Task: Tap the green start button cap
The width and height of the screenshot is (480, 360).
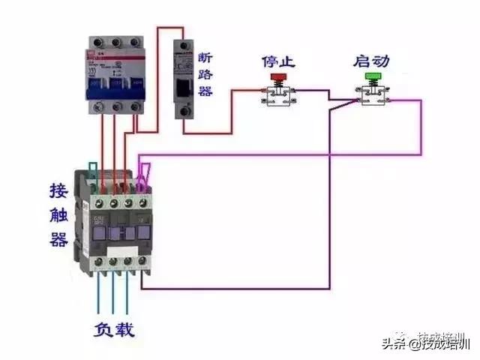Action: point(371,76)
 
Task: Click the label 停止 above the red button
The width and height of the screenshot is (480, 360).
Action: point(278,59)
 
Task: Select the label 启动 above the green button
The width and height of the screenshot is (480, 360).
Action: point(371,59)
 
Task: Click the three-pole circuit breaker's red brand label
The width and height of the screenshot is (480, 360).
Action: point(91,55)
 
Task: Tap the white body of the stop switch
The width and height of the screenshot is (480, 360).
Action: point(278,96)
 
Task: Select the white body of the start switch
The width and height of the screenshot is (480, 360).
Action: point(371,96)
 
